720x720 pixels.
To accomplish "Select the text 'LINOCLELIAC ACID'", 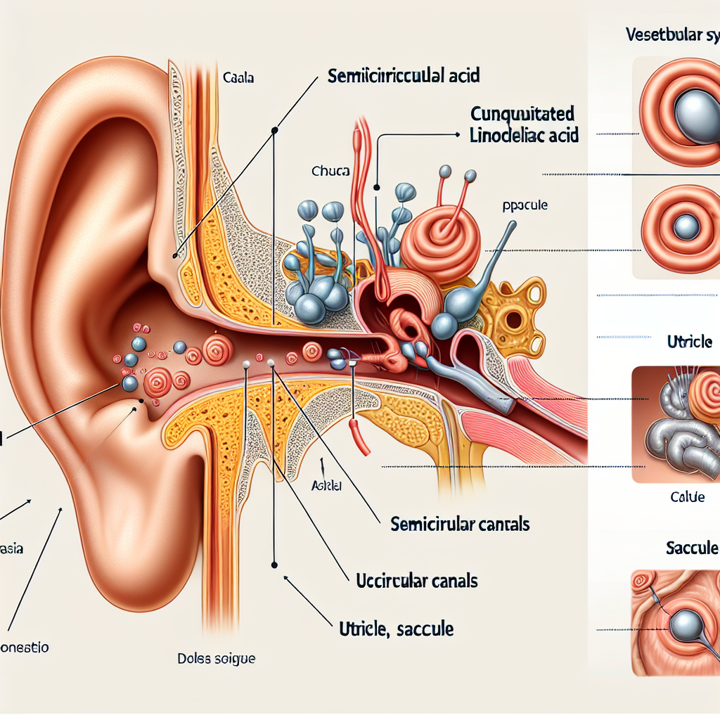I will [524, 135].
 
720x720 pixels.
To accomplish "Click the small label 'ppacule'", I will [526, 207].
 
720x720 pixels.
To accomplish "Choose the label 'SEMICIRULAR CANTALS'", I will [459, 524].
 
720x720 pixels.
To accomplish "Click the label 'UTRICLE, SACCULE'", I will [392, 629].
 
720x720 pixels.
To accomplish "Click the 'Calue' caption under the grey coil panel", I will [687, 497].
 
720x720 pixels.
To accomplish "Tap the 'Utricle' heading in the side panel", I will [689, 342].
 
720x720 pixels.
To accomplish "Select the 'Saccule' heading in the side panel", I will [692, 548].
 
